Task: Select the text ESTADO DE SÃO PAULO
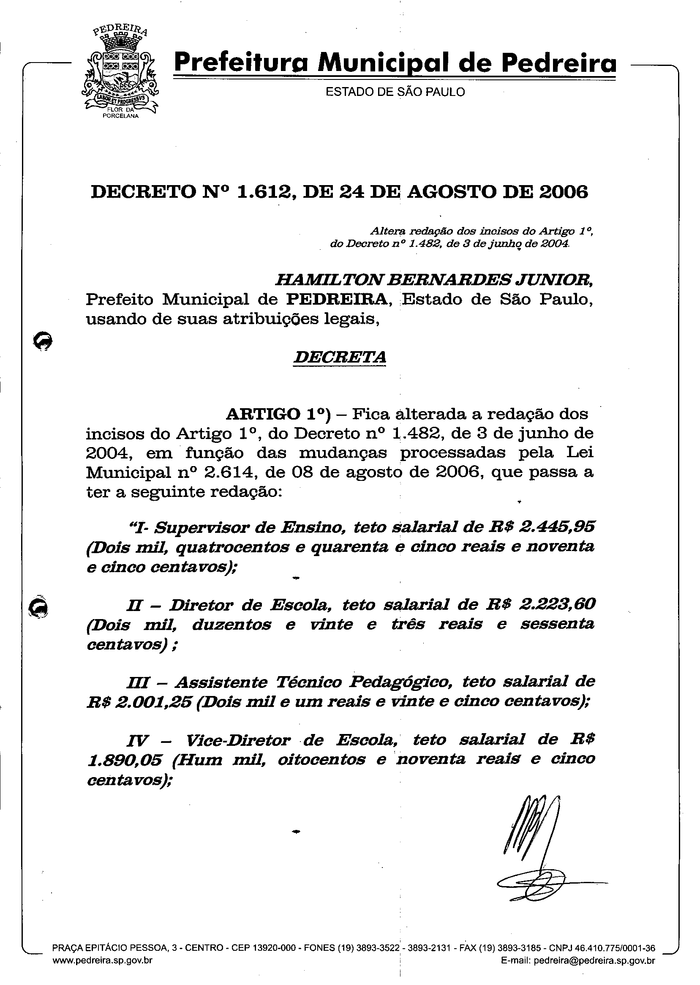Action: pos(395,92)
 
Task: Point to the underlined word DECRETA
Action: pos(339,357)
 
